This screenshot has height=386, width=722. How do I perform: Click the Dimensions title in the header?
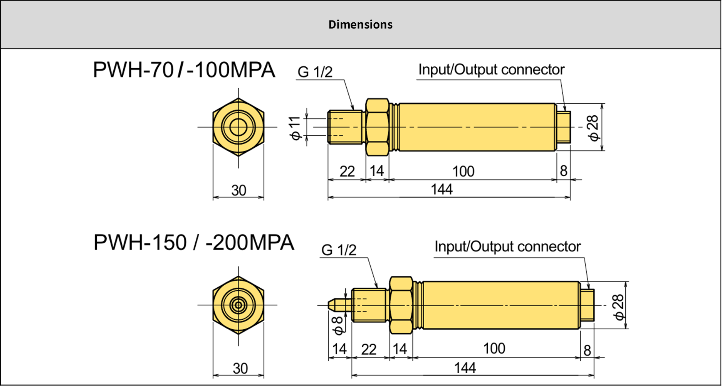click(360, 25)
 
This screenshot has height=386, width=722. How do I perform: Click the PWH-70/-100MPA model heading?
click(184, 70)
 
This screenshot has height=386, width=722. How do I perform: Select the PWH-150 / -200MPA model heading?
click(194, 243)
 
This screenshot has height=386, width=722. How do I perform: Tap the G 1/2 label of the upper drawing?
click(315, 72)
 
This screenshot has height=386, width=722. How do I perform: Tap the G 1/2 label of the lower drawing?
click(339, 250)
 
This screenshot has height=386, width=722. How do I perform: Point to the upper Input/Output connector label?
click(491, 70)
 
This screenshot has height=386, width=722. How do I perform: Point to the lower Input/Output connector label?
click(507, 247)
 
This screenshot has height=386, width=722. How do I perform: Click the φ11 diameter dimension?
click(295, 128)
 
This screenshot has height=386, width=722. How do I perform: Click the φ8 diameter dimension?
click(338, 325)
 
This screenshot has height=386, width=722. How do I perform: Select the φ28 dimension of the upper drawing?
click(594, 128)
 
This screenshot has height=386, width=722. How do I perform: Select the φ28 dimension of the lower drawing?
click(618, 307)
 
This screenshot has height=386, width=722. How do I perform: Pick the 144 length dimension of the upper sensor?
click(442, 190)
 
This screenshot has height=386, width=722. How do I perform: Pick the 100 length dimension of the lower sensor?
click(494, 349)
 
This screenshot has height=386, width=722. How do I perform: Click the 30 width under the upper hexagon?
click(238, 190)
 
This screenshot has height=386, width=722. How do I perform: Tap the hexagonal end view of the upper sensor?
click(238, 127)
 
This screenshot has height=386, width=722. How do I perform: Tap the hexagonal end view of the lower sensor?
click(238, 305)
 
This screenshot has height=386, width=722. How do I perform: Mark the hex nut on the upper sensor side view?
click(377, 127)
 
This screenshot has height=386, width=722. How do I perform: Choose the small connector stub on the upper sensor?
click(564, 127)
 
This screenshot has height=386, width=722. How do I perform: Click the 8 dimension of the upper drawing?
click(563, 171)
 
